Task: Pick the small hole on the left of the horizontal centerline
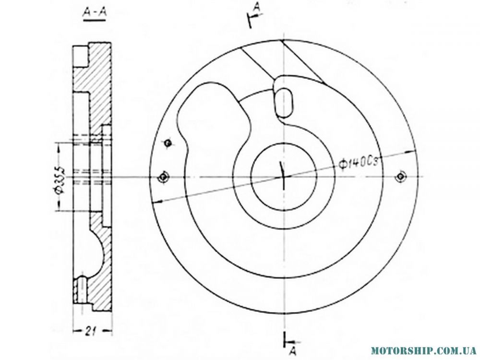[164, 177]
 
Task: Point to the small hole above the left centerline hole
[168, 143]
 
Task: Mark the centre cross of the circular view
[284, 177]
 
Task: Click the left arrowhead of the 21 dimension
[75, 330]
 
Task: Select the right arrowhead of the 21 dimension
[110, 330]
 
